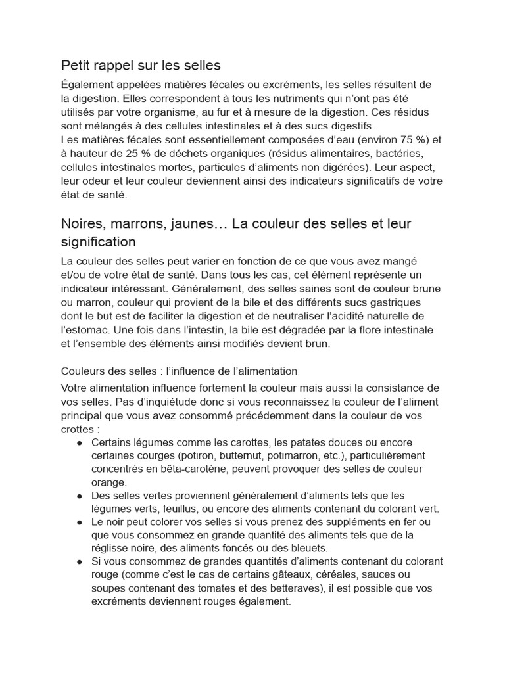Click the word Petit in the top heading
coord(76,65)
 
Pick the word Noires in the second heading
coord(83,223)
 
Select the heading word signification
coord(98,242)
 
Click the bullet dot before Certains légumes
coord(79,442)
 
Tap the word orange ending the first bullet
coord(108,482)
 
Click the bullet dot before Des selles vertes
coord(79,496)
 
